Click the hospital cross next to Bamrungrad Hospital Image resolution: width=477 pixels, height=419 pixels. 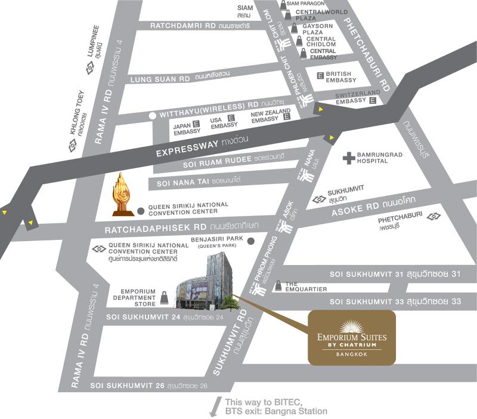[348, 158]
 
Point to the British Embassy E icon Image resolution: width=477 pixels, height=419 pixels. [320, 76]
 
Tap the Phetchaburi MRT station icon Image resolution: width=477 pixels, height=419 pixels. [434, 216]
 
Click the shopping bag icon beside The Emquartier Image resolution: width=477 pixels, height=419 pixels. [278, 286]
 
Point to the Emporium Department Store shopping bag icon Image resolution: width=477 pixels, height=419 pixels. [163, 297]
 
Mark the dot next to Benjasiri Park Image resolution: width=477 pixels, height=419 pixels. [251, 241]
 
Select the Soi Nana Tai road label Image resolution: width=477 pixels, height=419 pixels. [190, 180]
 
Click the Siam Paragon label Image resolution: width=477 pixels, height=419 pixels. [305, 4]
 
